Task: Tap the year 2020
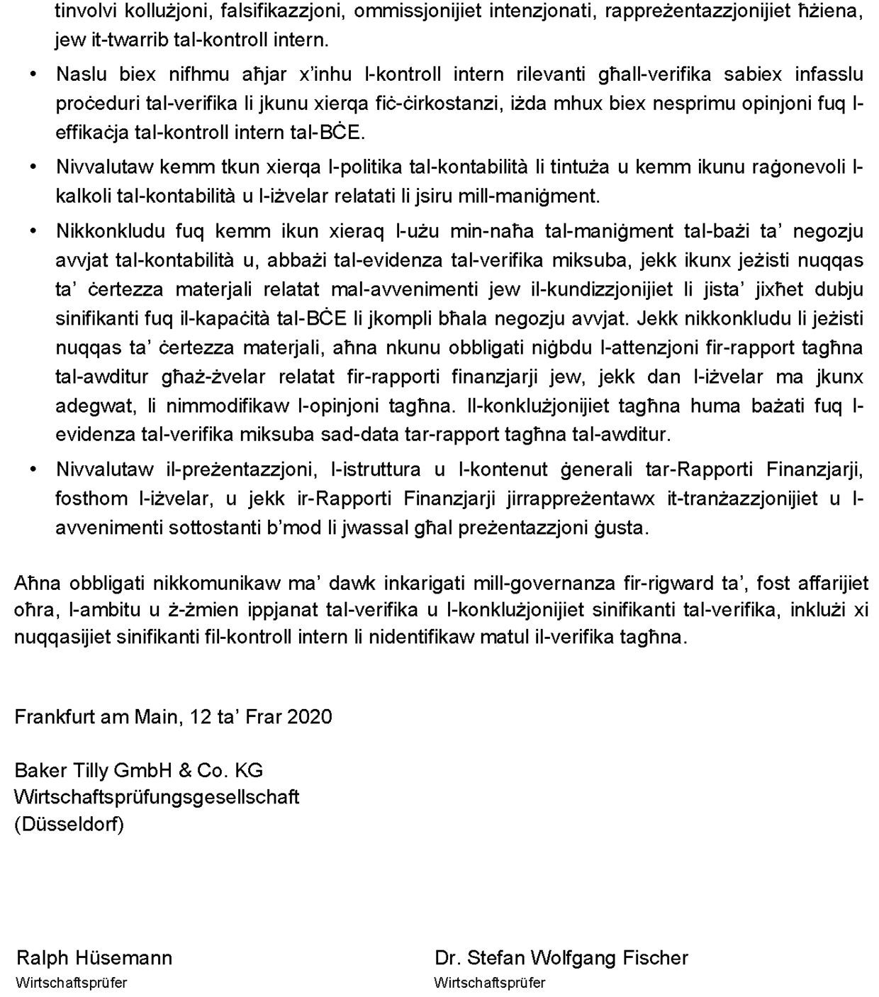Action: [309, 716]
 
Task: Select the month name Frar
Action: [264, 716]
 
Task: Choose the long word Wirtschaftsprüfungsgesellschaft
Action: [157, 797]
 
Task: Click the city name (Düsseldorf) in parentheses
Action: [69, 825]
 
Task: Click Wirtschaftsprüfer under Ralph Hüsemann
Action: [72, 983]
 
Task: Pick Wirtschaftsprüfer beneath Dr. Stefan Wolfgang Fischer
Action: [490, 983]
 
